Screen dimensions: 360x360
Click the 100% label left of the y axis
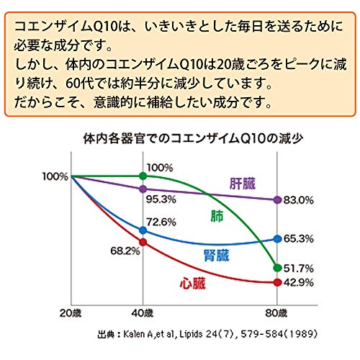(55, 176)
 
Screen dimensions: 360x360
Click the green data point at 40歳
(143, 176)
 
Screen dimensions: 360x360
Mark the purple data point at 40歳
(143, 189)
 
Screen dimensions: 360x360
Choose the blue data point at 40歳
(143, 230)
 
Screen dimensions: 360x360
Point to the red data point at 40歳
(143, 242)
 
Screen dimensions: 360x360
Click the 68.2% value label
(125, 251)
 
